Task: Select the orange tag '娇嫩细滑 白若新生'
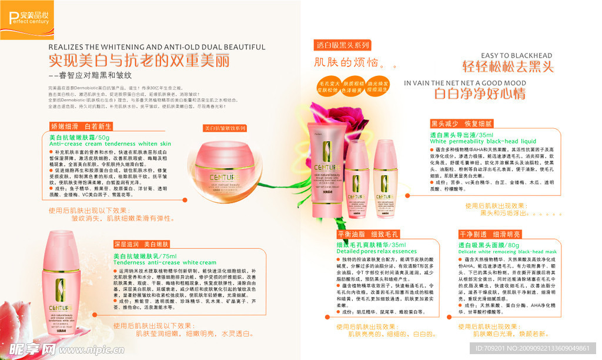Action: (81, 126)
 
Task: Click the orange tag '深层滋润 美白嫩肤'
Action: (142, 244)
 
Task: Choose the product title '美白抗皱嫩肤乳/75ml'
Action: (145, 256)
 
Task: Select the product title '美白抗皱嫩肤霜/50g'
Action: (79, 137)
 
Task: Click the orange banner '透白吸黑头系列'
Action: (342, 45)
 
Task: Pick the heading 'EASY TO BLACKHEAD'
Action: (517, 56)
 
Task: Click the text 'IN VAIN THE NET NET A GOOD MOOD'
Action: (465, 83)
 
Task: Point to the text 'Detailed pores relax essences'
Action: (376, 251)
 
